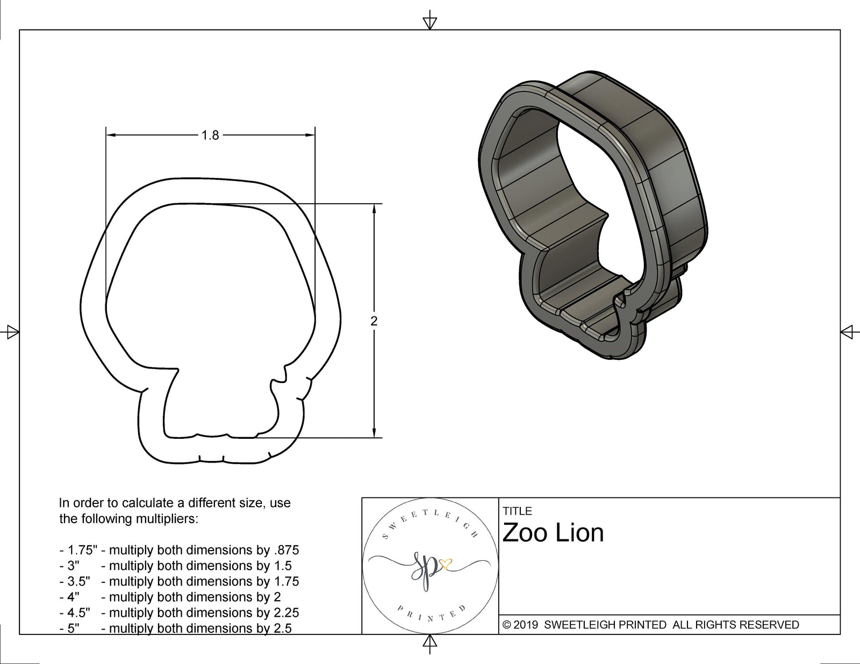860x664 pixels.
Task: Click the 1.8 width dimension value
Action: [210, 135]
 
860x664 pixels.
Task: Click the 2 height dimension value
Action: [374, 321]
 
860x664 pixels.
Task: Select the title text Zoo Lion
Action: [553, 533]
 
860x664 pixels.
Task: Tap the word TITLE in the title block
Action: [517, 511]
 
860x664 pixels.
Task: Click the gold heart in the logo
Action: [446, 564]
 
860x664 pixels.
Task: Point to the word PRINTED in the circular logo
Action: [429, 615]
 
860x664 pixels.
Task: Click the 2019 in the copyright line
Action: [527, 625]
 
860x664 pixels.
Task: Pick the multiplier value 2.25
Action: [286, 612]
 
